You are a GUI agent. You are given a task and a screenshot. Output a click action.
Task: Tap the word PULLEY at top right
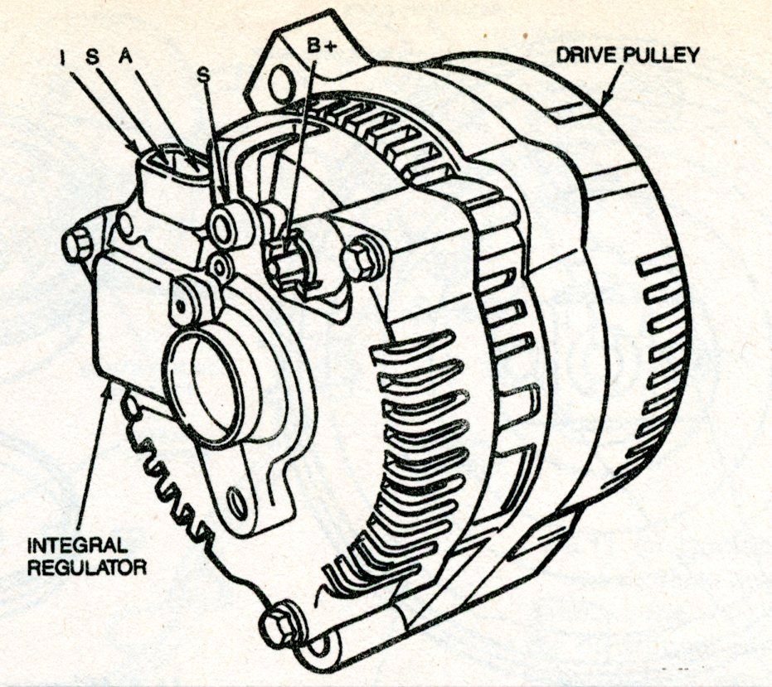click(x=659, y=56)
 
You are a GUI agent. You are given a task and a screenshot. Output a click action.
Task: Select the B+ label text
click(x=320, y=46)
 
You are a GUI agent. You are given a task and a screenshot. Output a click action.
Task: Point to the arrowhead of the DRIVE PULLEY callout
click(x=604, y=104)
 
